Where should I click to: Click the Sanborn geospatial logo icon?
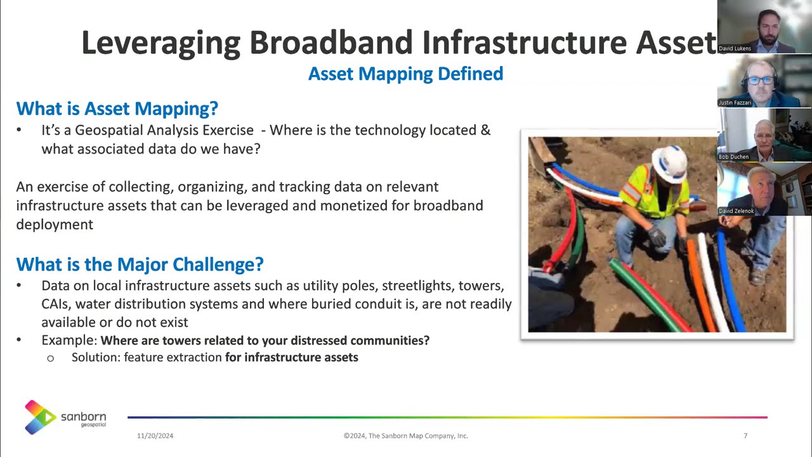41,417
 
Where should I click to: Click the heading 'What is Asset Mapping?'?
117,109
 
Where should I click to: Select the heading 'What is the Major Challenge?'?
140,264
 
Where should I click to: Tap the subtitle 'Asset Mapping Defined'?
405,74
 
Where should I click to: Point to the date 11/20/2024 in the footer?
155,436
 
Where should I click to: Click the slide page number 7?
745,436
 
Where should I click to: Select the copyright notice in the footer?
405,436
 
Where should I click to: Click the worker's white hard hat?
669,163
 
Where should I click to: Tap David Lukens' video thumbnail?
764,27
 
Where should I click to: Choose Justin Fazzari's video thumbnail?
764,81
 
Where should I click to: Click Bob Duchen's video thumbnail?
764,135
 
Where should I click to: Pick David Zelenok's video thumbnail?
764,189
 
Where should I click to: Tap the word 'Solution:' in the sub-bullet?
95,357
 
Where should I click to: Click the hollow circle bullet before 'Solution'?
51,358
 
